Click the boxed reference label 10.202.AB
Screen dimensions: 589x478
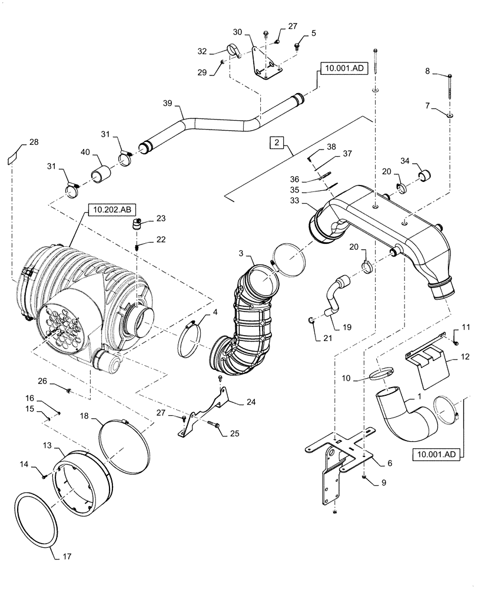106,209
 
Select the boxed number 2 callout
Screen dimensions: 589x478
276,142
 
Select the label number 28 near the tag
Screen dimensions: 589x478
34,143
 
